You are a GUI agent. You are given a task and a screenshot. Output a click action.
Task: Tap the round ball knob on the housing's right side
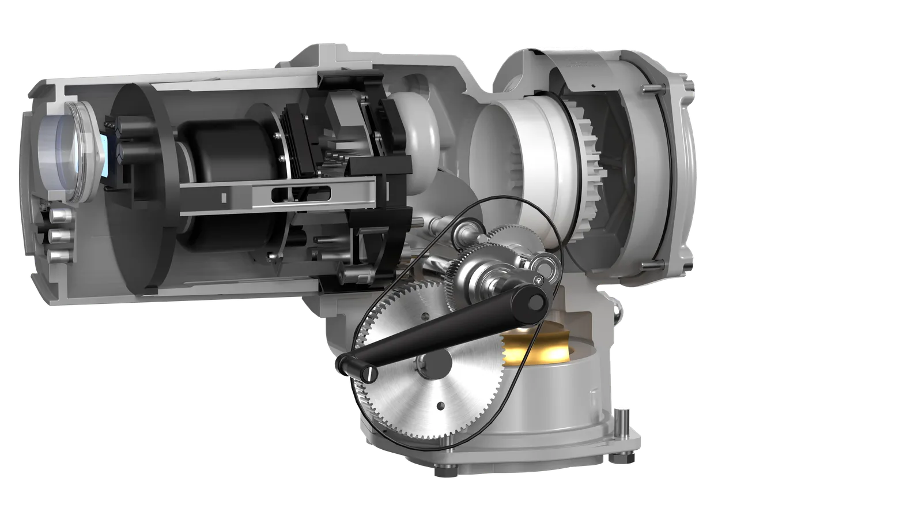(x=618, y=311)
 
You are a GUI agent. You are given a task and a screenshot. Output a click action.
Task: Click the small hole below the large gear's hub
(x=440, y=404)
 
